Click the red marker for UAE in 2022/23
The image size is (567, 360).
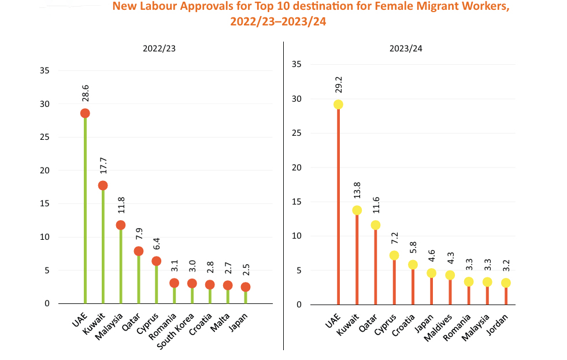tap(85, 113)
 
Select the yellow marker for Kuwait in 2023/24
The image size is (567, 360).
tap(357, 210)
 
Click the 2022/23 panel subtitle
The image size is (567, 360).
tap(160, 49)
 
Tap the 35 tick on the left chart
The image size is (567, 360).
tap(45, 71)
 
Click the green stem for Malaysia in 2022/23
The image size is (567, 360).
tap(120, 266)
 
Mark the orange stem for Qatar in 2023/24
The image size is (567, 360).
tap(376, 266)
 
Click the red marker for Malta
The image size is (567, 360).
tap(228, 285)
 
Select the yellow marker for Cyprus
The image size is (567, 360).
tap(394, 255)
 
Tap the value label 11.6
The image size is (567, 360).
tap(376, 207)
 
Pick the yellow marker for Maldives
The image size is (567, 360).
tap(450, 275)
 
